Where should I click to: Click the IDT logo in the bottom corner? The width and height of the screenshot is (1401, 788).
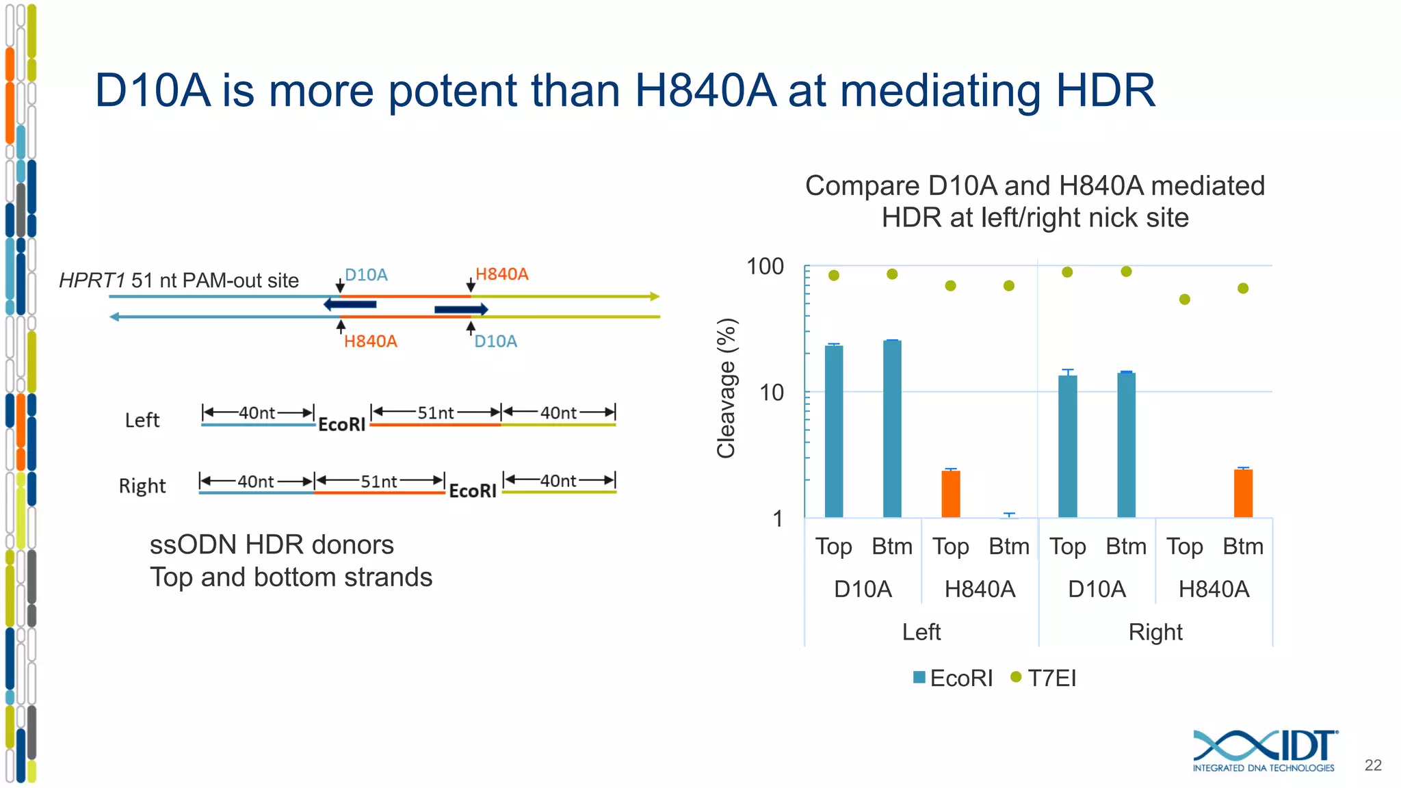1264,750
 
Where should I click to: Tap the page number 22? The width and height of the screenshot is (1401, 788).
1372,765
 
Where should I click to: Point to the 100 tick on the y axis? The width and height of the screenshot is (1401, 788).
765,266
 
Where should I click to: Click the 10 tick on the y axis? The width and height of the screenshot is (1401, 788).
771,393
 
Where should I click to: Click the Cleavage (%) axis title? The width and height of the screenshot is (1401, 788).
726,388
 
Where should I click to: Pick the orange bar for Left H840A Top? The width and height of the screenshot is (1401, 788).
950,493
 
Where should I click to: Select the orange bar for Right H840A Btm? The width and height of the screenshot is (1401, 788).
1243,492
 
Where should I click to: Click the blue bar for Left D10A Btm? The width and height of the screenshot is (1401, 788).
892,428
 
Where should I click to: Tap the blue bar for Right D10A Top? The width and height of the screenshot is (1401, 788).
1067,446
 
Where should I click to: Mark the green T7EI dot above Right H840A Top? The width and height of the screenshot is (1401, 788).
1185,299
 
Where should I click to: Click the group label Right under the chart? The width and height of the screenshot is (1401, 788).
1155,631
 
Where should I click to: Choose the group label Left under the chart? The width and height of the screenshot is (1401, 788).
921,631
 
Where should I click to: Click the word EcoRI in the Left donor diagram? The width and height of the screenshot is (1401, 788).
341,425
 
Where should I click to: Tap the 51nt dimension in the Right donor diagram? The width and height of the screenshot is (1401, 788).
379,482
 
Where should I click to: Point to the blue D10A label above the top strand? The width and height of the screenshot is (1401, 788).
366,275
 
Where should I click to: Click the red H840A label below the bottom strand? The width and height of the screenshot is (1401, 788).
370,341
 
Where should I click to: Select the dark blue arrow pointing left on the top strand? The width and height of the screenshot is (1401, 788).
350,304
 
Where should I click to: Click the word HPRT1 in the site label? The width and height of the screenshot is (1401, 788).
92,280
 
